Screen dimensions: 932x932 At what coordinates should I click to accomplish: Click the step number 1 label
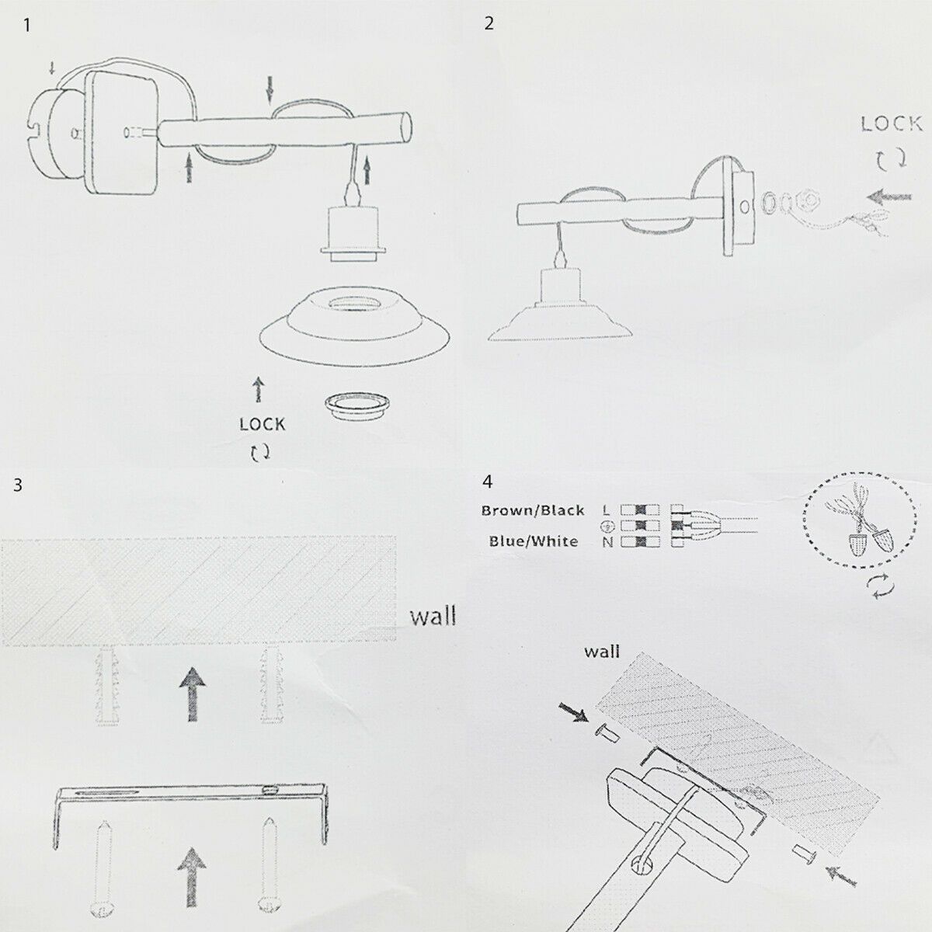29,25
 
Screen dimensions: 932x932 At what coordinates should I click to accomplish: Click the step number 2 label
489,23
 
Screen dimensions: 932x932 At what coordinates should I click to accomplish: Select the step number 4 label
488,482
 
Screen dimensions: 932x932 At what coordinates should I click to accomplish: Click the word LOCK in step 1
262,424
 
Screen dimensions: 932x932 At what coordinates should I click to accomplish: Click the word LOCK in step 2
891,123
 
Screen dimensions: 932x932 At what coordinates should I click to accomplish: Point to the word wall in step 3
433,617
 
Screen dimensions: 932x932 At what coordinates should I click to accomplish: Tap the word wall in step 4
601,651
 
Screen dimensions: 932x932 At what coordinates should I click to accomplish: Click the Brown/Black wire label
533,510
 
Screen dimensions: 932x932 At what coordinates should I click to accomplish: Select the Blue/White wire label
534,541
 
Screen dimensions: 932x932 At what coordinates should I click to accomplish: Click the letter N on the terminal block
607,542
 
